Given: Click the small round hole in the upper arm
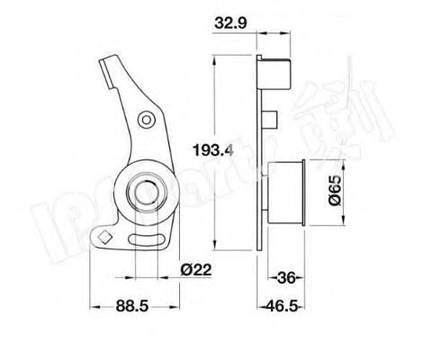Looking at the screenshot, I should pos(145,119).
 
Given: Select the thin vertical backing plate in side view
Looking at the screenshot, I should pos(260,153).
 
